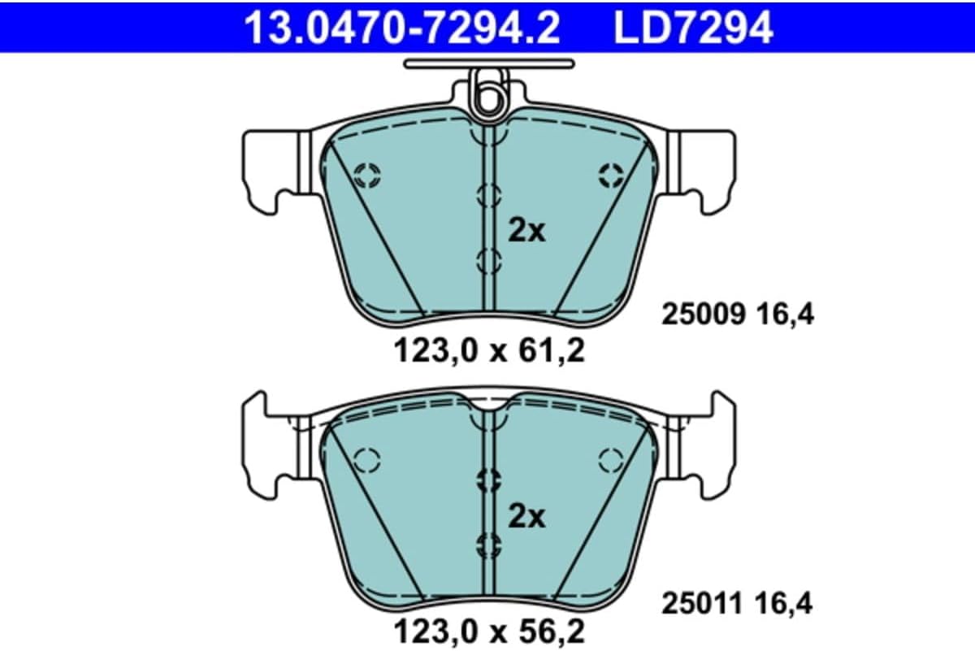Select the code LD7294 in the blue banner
(x=693, y=28)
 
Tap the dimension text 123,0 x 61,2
(x=489, y=351)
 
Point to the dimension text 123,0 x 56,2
(x=489, y=631)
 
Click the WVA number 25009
(x=704, y=314)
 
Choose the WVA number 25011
(x=701, y=604)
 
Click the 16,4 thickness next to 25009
(x=785, y=315)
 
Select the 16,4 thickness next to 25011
(x=784, y=605)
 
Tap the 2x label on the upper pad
(x=526, y=232)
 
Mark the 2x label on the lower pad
(x=526, y=517)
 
